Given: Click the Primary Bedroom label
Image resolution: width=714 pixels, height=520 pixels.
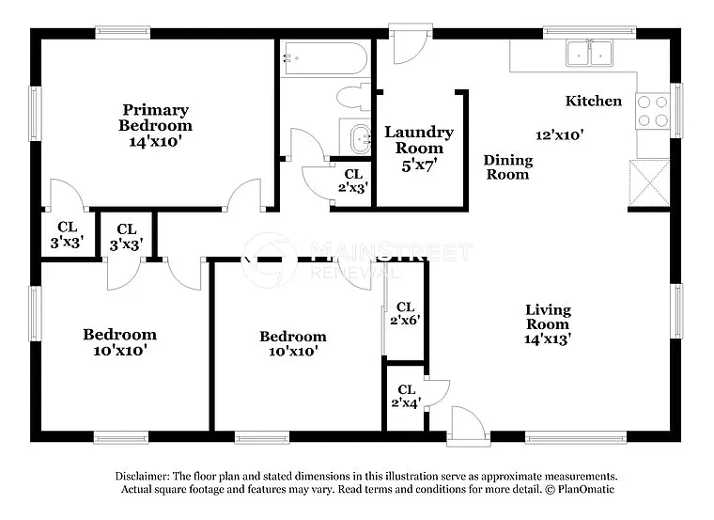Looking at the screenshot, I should pos(155,118).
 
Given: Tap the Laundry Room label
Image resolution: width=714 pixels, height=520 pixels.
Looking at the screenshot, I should pos(419,140).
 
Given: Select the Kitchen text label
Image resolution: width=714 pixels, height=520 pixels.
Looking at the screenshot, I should pos(593,101).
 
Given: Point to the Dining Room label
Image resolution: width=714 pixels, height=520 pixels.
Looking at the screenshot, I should pos(507,167).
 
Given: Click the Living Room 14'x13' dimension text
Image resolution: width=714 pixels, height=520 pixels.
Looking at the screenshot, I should pos(548,339).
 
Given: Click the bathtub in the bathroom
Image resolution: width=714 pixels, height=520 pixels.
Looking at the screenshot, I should pos(324,58).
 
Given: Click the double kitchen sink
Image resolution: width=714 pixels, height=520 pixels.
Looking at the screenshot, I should pos(591,55).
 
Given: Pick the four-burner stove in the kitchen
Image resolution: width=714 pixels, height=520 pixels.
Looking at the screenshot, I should pos(653,111).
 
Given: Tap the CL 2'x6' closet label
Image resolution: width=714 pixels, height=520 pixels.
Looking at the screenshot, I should pos(406,313).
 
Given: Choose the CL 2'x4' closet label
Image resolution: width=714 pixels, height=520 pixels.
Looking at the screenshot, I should pos(406,396).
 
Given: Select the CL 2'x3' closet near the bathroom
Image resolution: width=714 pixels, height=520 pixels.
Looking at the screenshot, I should pos(353,181).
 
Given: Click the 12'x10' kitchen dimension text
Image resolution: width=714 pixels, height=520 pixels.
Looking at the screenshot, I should pos(560,134).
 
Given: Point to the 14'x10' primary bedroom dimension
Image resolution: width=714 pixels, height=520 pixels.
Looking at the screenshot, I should pos(155,142).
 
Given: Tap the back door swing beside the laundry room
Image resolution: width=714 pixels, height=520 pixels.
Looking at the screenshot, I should pos(411,45).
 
